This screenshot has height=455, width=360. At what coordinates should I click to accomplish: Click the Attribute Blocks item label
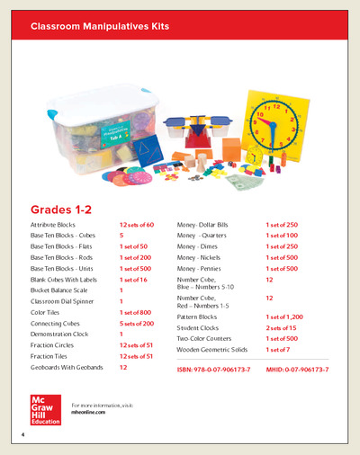[x=56, y=223]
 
